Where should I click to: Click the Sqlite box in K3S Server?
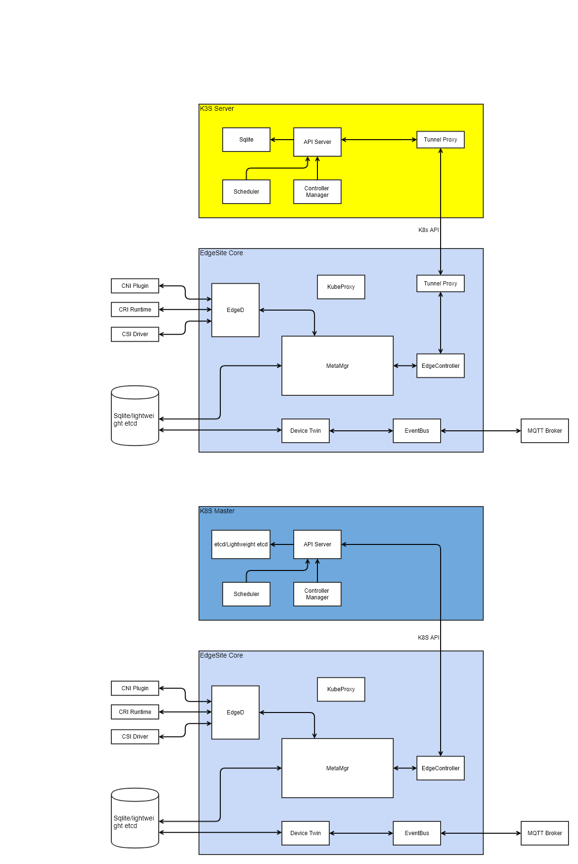coord(246,140)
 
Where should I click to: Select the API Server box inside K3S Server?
coord(317,142)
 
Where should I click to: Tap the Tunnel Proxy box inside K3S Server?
coord(441,140)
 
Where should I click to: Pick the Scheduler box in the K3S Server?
coord(246,192)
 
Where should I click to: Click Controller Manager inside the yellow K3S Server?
coord(317,192)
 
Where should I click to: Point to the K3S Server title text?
coord(217,108)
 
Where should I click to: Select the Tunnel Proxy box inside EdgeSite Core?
coord(441,284)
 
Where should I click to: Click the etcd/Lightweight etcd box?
coord(241,544)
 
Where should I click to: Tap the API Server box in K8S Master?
coord(317,544)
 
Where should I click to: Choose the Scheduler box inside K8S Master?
coord(246,594)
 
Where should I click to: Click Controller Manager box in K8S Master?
coord(317,594)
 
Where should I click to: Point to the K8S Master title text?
coord(217,511)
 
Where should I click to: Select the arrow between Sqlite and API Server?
coord(282,140)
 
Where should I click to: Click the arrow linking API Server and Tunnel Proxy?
coord(379,140)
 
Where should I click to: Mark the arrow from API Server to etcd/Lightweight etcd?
coord(282,544)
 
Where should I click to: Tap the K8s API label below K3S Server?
coord(428,230)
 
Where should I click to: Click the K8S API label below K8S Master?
coord(428,638)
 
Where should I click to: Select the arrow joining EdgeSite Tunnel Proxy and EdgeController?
coord(441,323)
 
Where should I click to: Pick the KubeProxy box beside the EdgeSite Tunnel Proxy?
coord(341,287)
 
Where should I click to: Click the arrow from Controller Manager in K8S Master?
coord(317,570)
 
